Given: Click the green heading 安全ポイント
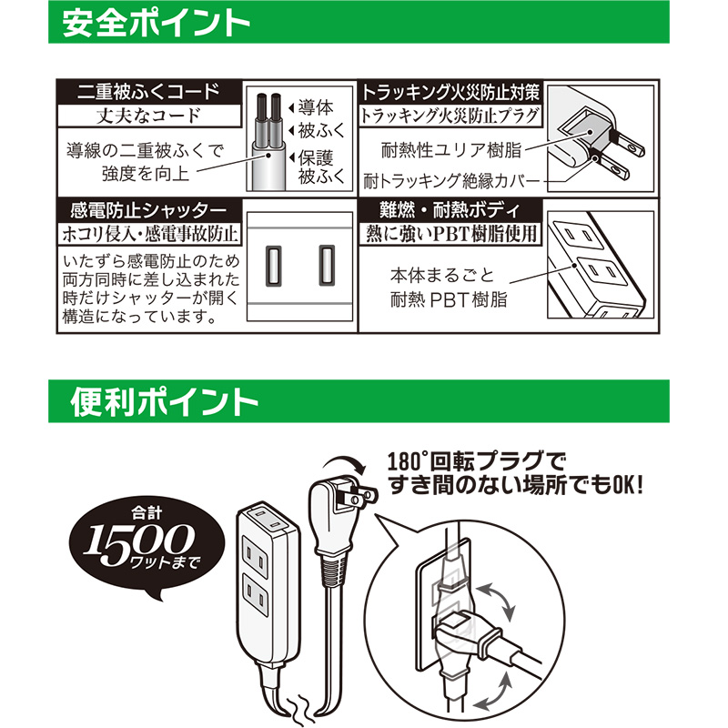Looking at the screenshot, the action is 156,23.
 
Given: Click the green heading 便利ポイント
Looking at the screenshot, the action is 164,402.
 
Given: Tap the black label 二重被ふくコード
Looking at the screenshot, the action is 148,92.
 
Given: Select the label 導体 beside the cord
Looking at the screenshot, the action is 316,107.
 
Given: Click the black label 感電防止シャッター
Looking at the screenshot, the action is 148,211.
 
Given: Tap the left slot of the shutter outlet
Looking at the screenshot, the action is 274,265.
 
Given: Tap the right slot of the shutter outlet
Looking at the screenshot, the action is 327,265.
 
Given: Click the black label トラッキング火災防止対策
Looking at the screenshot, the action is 450,92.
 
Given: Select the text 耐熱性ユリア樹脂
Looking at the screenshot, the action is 450,150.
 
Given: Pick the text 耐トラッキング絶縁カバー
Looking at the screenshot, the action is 451,181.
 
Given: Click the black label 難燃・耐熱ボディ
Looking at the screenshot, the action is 450,211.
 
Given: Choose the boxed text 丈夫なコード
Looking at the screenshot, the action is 148,116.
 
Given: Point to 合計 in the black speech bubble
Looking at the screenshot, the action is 147,513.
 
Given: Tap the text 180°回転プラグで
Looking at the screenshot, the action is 476,461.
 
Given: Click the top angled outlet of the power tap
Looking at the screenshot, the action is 268,518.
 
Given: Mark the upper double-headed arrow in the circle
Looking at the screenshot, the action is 496,602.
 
